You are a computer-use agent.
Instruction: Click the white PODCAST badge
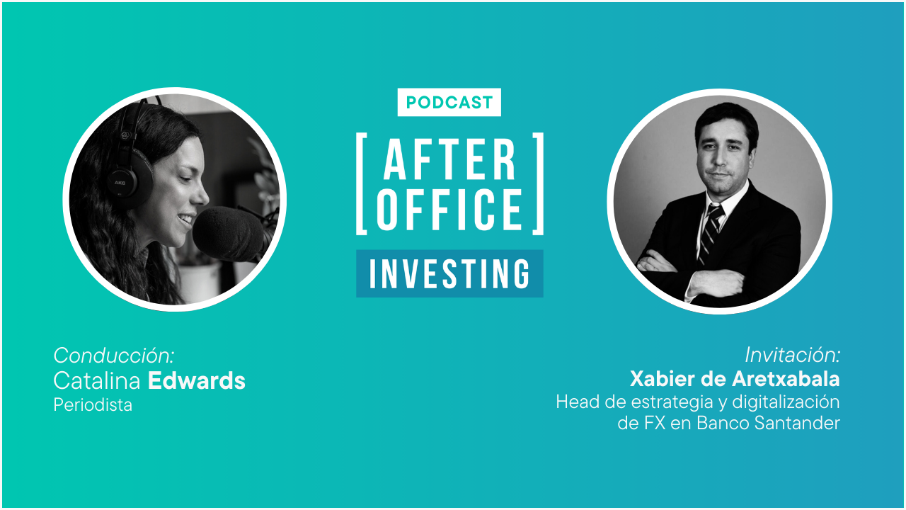coord(449,102)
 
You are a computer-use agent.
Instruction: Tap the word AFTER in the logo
coord(449,159)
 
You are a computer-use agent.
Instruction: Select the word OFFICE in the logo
coord(449,209)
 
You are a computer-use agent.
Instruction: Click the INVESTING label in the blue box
coord(449,274)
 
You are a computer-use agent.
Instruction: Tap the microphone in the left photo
coord(229,234)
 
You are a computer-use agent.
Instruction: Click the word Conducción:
coord(114,355)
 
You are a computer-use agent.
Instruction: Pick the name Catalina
coord(97,380)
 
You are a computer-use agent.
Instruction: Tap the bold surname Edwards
coord(197,380)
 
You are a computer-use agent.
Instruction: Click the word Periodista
coord(93,404)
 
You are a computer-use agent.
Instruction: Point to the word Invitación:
coord(792,355)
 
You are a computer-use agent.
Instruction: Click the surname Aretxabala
coord(786,379)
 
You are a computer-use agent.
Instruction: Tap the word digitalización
coord(786,402)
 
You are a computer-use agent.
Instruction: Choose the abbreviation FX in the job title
coord(655,424)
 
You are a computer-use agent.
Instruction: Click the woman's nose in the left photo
coord(202,195)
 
